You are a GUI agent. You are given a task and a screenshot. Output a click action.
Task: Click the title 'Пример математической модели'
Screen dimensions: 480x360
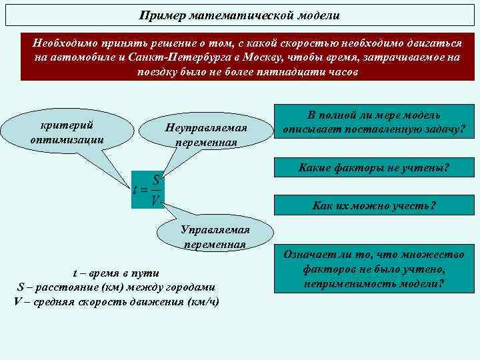pos(239,14)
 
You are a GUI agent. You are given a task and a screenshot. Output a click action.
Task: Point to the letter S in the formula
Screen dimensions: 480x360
pos(155,179)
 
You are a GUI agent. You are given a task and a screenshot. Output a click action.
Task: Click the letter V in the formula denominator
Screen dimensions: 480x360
pos(155,199)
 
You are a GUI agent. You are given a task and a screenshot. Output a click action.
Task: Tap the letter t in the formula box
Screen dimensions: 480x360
pos(137,189)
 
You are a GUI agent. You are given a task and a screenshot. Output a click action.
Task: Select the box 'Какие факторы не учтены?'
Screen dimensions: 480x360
pos(374,169)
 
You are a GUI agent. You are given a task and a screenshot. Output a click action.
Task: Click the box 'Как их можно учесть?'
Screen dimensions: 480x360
pos(374,205)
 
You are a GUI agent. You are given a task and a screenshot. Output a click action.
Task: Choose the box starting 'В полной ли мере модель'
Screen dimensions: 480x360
pos(374,121)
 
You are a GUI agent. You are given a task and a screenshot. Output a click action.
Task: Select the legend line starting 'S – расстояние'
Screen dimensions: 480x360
pos(115,287)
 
